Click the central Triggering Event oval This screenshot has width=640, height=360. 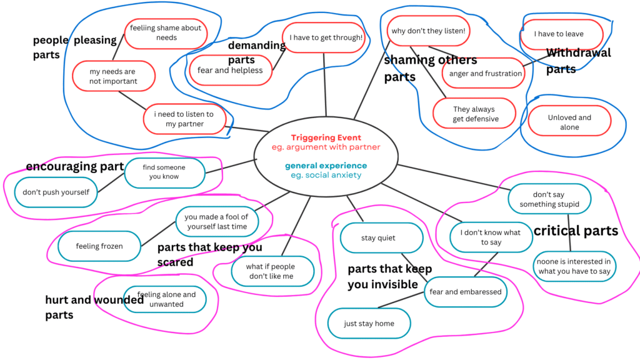coord(326,156)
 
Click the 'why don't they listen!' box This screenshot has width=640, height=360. coord(427,31)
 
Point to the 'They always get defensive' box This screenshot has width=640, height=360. coord(476,114)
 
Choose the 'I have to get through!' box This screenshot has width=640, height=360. coord(325,37)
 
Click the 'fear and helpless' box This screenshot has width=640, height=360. coord(231,71)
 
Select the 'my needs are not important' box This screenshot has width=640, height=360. coord(113,76)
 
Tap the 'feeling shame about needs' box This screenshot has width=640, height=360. coord(166,32)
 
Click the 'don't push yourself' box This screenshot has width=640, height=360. coord(56,192)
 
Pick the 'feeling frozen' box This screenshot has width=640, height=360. coord(99,246)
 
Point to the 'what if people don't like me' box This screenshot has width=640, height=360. coord(271,271)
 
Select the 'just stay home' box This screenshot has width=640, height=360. coord(369,324)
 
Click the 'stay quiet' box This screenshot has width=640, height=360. coord(378,238)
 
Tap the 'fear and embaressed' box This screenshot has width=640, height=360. coord(465,292)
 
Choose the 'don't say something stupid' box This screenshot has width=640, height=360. coord(548,199)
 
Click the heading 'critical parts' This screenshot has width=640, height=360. coord(575,231)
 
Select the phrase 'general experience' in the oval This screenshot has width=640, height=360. coord(326,166)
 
